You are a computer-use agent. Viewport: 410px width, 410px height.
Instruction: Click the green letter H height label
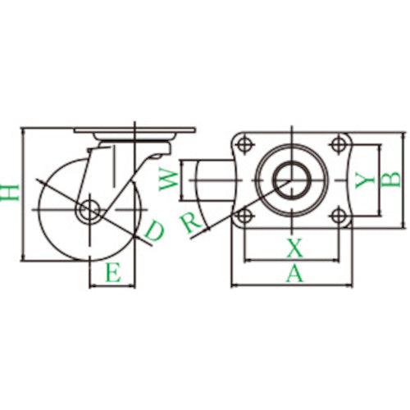(x=10, y=193)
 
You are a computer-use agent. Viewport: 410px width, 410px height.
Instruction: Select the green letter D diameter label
(x=154, y=231)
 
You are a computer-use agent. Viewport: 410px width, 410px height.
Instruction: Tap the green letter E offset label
(x=113, y=272)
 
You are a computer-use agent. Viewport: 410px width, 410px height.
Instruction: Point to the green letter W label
(x=168, y=180)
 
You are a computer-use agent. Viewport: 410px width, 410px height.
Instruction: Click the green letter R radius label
(x=191, y=223)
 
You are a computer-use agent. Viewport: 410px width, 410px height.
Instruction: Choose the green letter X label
(x=294, y=248)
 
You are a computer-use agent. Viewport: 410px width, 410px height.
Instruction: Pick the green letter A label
(x=294, y=274)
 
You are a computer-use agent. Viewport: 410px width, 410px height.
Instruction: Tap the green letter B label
(x=391, y=180)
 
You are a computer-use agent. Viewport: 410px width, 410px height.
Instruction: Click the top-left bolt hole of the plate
(x=244, y=144)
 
